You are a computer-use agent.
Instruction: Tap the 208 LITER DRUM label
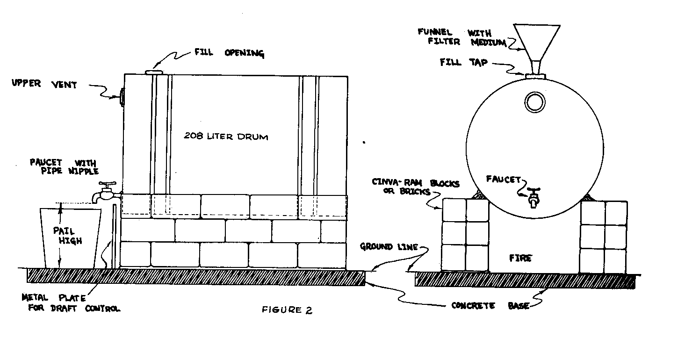pyautogui.click(x=227, y=137)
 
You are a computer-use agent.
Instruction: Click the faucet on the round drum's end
pyautogui.click(x=533, y=197)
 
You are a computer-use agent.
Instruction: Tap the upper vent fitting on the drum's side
pyautogui.click(x=122, y=97)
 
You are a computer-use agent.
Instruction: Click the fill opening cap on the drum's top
pyautogui.click(x=153, y=72)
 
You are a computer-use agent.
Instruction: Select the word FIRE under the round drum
pyautogui.click(x=520, y=258)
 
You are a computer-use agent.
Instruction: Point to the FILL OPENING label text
pyautogui.click(x=229, y=53)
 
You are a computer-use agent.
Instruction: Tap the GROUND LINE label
pyautogui.click(x=389, y=246)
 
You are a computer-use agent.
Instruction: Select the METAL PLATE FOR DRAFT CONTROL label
pyautogui.click(x=70, y=303)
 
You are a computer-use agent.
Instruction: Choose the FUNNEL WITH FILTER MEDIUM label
pyautogui.click(x=461, y=37)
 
